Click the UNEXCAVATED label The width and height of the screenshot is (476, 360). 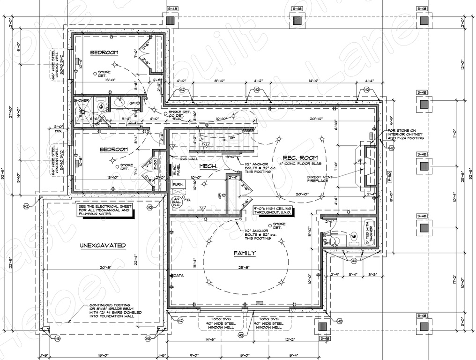point(102,245)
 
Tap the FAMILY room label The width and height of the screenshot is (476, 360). point(245,253)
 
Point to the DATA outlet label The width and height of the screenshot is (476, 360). point(178,276)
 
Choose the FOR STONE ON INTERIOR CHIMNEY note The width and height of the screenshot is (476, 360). point(405,135)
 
